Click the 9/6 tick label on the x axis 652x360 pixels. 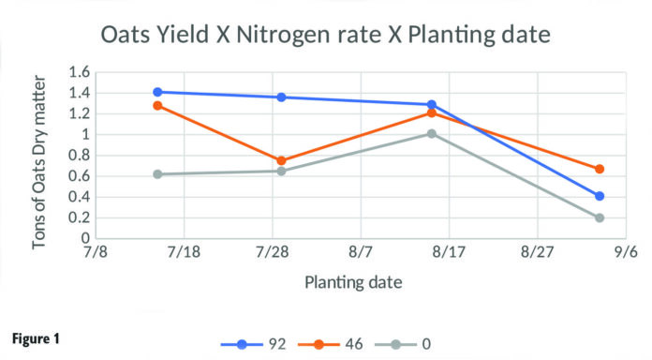point(625,254)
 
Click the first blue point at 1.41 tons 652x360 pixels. point(157,92)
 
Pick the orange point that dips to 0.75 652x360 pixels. point(281,160)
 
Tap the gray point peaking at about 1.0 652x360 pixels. point(432,133)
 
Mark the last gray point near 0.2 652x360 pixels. point(600,217)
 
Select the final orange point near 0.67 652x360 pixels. point(600,169)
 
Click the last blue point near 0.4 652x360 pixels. point(600,196)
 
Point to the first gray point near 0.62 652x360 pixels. point(157,174)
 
